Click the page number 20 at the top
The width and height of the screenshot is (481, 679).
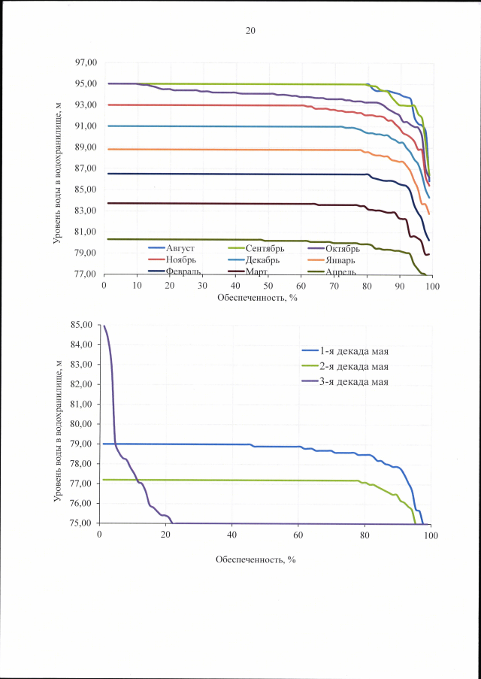250,31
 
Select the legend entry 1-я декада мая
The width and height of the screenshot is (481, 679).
361,350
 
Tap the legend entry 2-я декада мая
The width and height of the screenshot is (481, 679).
361,366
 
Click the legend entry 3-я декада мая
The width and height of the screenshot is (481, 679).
361,383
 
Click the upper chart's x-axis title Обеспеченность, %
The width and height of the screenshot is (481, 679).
256,298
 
